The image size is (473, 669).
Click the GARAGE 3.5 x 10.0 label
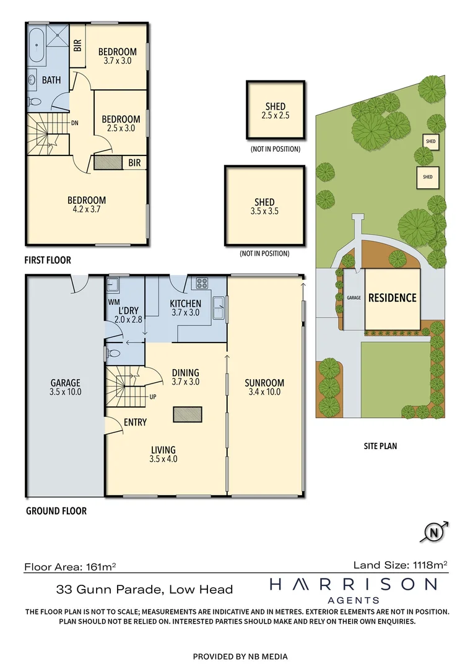click(66, 387)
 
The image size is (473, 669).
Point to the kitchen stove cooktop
click(202, 284)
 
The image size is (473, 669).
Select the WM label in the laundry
click(114, 303)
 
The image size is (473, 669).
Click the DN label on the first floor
click(74, 123)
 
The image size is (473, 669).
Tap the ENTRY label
click(135, 422)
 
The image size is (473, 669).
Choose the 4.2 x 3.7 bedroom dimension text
click(86, 209)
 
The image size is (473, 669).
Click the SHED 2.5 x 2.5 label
click(276, 111)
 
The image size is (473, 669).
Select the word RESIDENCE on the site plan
click(393, 298)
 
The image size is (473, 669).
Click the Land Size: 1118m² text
click(400, 564)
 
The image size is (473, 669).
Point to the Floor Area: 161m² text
click(71, 566)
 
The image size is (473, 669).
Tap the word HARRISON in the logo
click(353, 584)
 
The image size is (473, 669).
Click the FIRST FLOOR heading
click(48, 261)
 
